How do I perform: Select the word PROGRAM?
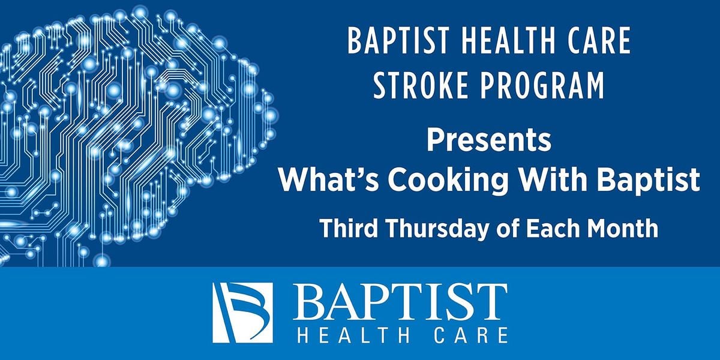coord(542,85)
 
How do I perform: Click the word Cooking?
coord(448,181)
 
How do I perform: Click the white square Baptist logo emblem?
coord(242,313)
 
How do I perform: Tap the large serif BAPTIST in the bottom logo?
coord(400,302)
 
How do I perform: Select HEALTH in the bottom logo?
coord(353,335)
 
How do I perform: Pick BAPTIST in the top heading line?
coord(398,41)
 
